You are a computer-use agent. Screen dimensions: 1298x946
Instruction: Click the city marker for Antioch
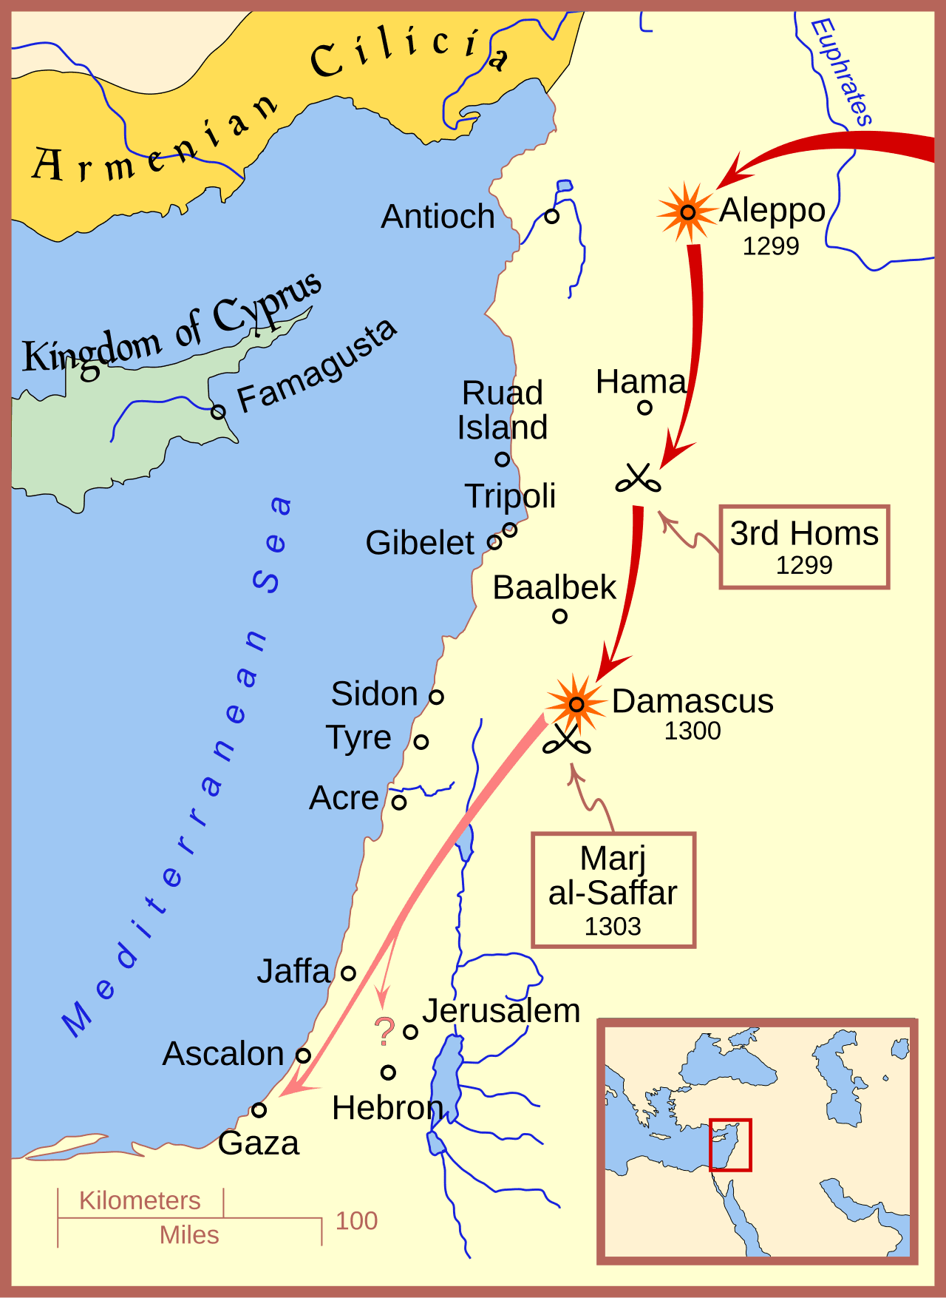tap(551, 217)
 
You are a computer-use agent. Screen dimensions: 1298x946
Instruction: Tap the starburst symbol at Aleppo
tap(687, 213)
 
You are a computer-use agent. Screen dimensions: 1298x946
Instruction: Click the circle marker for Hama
tap(644, 408)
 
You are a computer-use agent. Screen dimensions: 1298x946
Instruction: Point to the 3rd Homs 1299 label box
tap(804, 547)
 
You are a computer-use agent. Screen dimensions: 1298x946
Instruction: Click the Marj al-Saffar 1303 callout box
tap(613, 890)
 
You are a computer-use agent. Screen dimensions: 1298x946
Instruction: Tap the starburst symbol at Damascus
tap(576, 703)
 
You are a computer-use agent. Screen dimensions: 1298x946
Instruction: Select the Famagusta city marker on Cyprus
tap(218, 411)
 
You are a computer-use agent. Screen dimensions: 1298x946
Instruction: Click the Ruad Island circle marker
tap(503, 459)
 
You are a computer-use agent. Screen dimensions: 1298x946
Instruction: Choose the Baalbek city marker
tap(559, 616)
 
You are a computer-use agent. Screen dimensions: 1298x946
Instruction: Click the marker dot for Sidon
tap(436, 697)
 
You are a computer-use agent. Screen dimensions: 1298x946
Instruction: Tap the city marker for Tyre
tap(421, 741)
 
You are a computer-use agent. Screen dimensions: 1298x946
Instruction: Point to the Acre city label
tap(344, 798)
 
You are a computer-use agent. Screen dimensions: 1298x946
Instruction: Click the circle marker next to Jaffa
tap(348, 973)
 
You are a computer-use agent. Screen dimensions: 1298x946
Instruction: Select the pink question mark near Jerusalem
tap(384, 1032)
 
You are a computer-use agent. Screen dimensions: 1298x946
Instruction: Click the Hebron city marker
tap(388, 1072)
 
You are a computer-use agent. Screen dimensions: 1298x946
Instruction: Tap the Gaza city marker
tap(258, 1110)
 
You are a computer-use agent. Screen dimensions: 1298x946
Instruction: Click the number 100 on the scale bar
tap(356, 1221)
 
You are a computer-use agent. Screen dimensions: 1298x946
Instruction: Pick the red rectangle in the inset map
tap(730, 1145)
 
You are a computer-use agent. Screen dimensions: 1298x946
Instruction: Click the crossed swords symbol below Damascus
tap(566, 740)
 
